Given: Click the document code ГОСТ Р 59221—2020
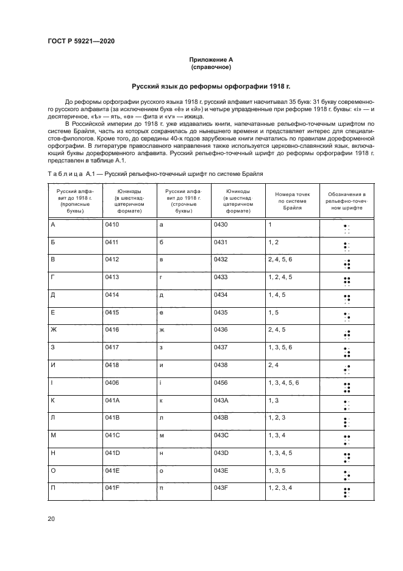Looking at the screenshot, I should click(x=81, y=41).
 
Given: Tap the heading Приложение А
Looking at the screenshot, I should click(x=201, y=59).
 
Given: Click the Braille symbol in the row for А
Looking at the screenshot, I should click(x=346, y=229).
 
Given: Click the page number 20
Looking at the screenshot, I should click(x=51, y=519).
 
